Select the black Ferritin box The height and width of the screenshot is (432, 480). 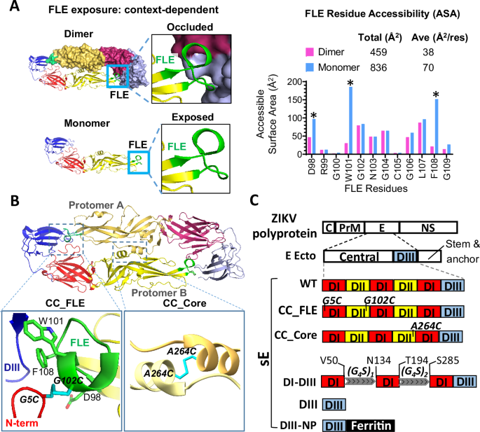(x=369, y=425)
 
